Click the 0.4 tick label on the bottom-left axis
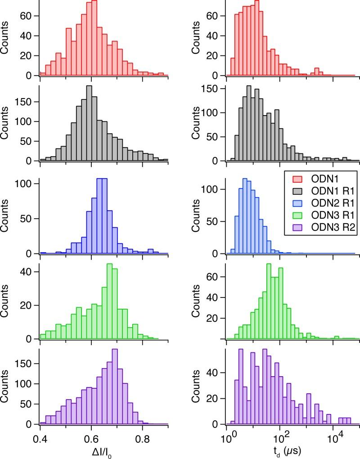click(x=40, y=436)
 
